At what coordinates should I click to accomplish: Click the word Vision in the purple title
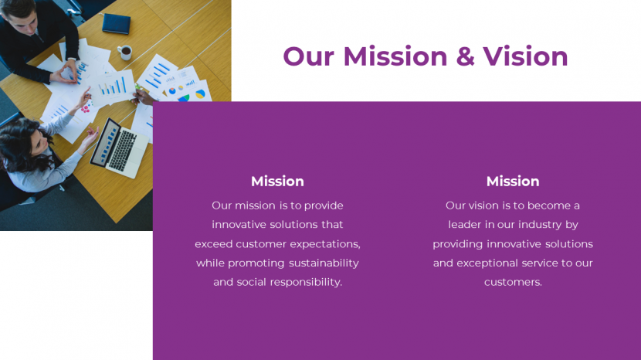click(525, 56)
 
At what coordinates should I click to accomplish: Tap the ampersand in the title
click(465, 56)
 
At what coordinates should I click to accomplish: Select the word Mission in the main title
click(395, 56)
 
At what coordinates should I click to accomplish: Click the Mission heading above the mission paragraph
click(277, 182)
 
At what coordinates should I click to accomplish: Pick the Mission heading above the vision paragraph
click(513, 182)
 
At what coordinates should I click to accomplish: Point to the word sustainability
click(324, 263)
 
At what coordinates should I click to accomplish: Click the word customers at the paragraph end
click(513, 282)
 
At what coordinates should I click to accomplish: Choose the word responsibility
click(306, 282)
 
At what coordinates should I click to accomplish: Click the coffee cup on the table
click(125, 53)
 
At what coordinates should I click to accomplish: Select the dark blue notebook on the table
click(117, 24)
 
